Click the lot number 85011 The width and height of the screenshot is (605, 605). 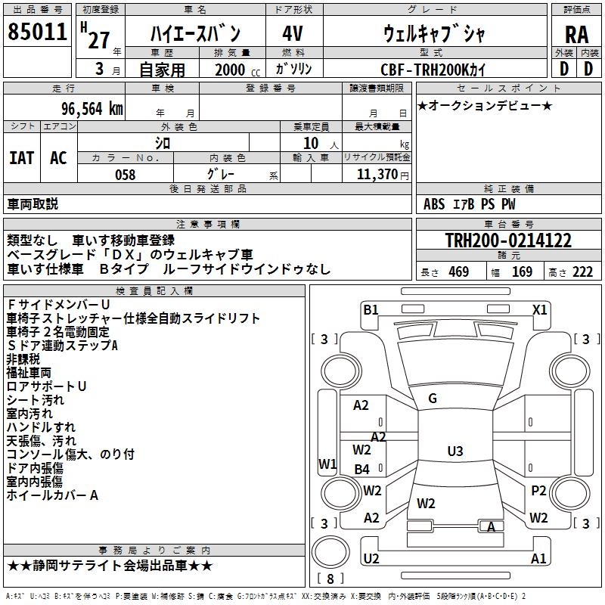[x=36, y=31]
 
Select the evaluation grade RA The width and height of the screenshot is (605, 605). [x=576, y=34]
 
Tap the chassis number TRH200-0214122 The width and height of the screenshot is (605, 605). [x=508, y=240]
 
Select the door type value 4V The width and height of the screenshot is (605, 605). [x=292, y=34]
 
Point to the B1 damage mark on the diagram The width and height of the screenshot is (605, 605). [x=371, y=309]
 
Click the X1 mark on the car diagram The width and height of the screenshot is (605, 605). [x=539, y=309]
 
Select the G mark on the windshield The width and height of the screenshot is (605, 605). [x=432, y=398]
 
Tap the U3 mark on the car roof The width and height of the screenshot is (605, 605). [x=455, y=451]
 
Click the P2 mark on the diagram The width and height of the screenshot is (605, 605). [x=538, y=491]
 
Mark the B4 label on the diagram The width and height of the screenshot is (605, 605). [x=362, y=469]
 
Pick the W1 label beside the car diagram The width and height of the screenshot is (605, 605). [x=327, y=464]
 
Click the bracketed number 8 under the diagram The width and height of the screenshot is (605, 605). [x=330, y=579]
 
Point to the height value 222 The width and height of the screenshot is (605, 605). [x=582, y=272]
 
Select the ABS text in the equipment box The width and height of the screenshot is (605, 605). [x=434, y=203]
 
